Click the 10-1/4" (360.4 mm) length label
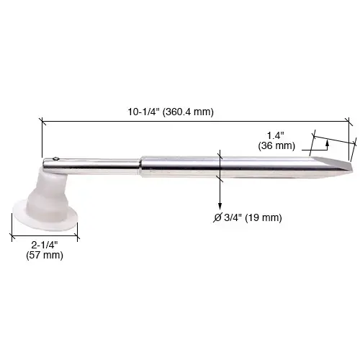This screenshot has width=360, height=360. point(169,112)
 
